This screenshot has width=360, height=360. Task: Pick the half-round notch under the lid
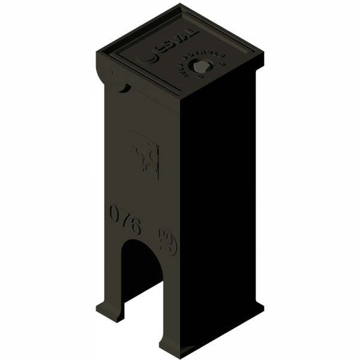(124, 89)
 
